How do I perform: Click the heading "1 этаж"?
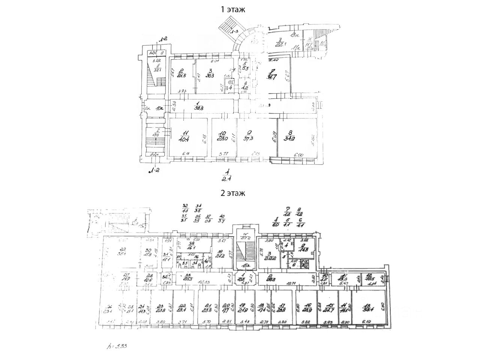232,10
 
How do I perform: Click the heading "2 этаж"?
232,193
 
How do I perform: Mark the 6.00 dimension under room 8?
298,154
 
